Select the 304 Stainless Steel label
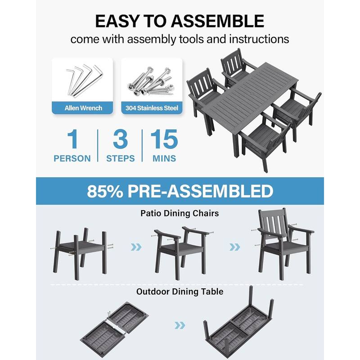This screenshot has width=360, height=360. click(152, 108)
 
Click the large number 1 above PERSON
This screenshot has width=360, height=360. click(72, 140)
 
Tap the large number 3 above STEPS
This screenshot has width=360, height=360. click(120, 140)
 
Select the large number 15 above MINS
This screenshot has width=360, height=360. click(164, 140)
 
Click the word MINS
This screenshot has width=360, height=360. click(164, 158)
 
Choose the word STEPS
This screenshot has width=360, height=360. click(120, 158)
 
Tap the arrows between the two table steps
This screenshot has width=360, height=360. click(180, 325)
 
